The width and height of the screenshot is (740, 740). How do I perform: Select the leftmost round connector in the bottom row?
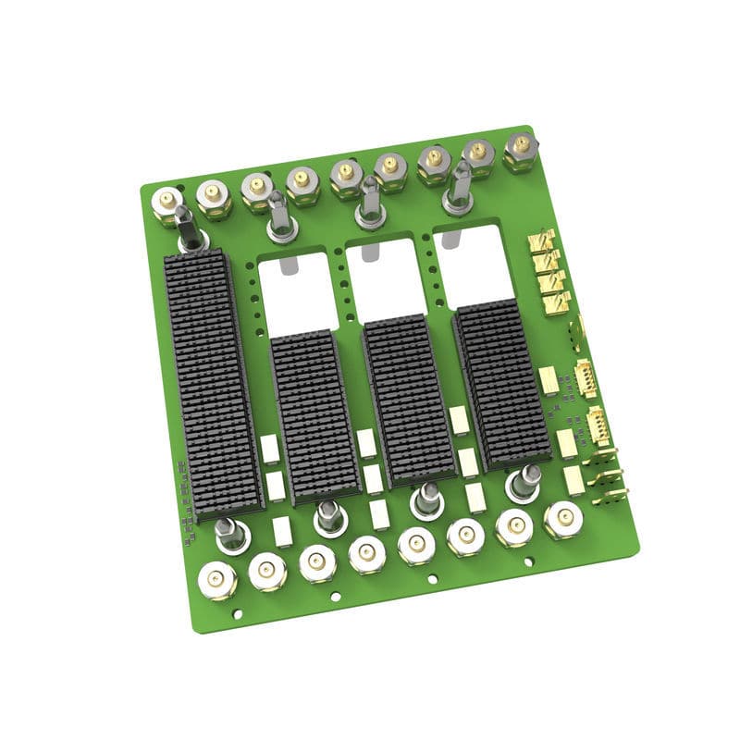pos(216,580)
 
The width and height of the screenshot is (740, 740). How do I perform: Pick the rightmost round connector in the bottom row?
pos(562,519)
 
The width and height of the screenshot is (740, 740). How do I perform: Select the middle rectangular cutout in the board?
pos(386,277)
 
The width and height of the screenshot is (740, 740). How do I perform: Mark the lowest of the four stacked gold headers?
pos(553,300)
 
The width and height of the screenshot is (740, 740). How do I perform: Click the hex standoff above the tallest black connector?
pos(188,228)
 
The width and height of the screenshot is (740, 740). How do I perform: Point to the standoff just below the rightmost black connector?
pos(524,482)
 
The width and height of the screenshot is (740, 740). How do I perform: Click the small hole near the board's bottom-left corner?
pos(238,612)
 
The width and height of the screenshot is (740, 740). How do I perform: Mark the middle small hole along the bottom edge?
pos(432,579)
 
